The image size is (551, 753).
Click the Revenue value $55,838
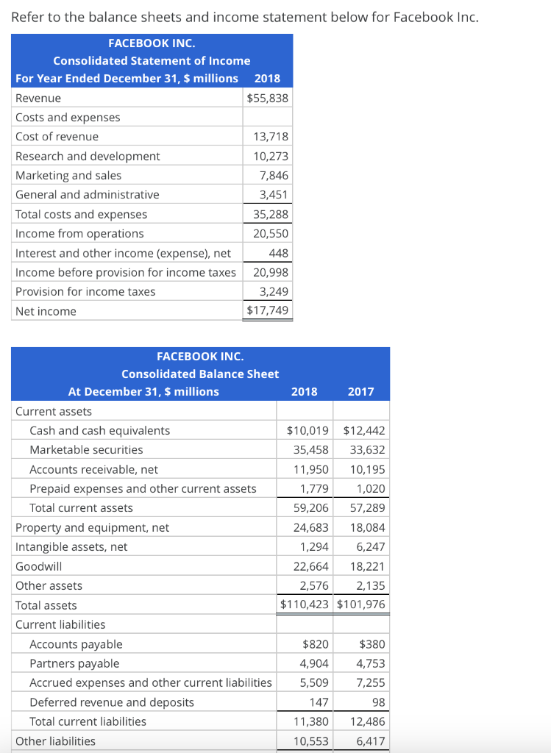(268, 98)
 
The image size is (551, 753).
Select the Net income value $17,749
(268, 311)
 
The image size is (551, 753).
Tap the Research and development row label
(88, 156)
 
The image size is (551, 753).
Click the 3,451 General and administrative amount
(274, 195)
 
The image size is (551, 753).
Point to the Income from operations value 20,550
(271, 233)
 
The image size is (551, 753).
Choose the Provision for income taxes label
(85, 291)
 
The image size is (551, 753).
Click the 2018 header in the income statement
(267, 78)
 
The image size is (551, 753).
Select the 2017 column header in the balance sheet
(360, 391)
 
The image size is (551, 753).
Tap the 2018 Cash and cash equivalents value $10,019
(308, 430)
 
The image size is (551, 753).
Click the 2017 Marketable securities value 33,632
(367, 449)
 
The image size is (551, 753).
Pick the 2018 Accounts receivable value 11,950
(311, 469)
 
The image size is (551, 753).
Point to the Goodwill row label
(38, 566)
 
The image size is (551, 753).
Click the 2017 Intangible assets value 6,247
(371, 546)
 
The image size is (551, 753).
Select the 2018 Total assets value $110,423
(305, 605)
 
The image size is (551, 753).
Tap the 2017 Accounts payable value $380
(372, 644)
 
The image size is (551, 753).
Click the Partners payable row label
(74, 663)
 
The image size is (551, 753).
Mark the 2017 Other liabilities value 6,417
(371, 740)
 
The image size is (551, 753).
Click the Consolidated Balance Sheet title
(200, 374)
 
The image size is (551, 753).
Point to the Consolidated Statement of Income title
(152, 60)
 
